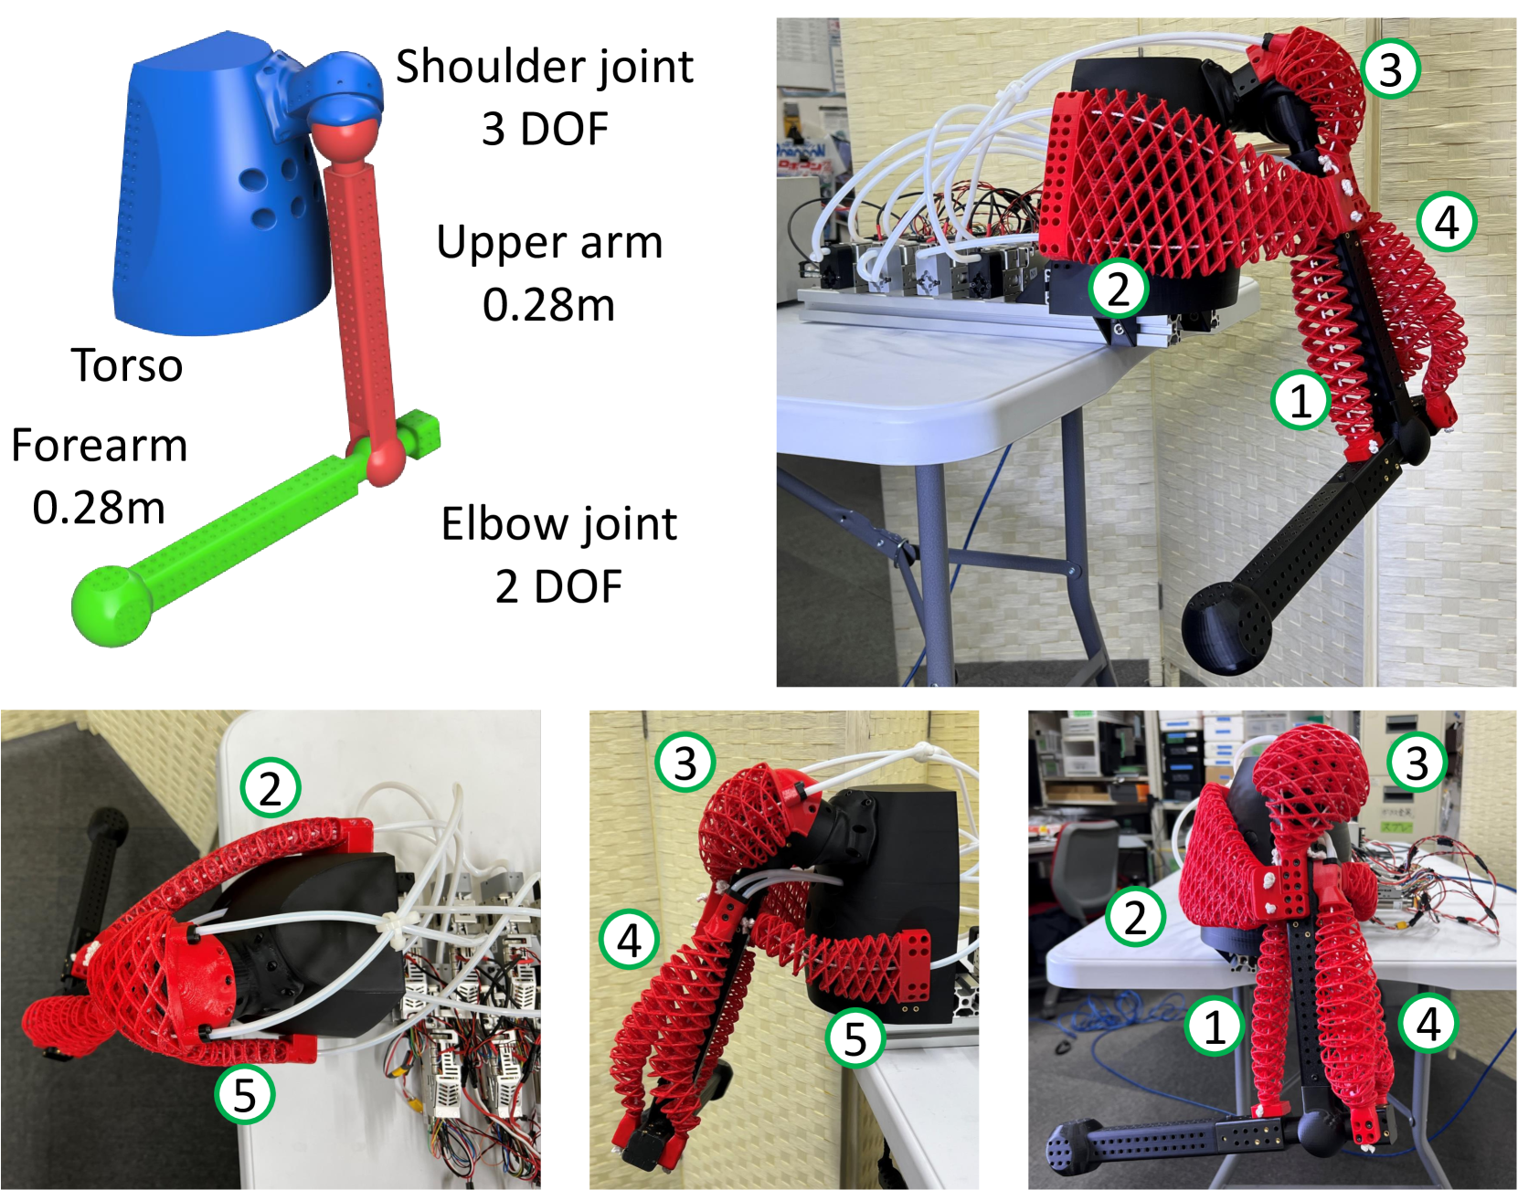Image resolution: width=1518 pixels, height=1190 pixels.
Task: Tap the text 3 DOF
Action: [545, 129]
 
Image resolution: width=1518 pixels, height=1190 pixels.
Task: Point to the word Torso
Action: [127, 364]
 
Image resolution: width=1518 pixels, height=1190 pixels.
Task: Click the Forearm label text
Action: [100, 446]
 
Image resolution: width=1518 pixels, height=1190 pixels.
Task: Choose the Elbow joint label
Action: [559, 525]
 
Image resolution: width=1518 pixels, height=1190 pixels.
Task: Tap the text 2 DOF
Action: [559, 586]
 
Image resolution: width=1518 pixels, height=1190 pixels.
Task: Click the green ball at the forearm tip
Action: [111, 606]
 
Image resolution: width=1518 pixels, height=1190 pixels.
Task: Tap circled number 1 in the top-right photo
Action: [1300, 400]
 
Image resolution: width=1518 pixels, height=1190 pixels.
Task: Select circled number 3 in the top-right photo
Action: [1390, 68]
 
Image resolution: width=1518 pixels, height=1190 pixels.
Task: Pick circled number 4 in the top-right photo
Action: [1447, 222]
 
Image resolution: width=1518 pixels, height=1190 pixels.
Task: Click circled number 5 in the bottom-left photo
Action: [245, 1094]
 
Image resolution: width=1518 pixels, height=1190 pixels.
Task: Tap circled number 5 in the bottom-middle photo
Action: [855, 1037]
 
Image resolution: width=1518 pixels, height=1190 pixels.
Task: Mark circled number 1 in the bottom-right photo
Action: [1215, 1026]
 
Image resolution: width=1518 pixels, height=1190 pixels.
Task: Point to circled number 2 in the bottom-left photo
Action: [271, 787]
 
